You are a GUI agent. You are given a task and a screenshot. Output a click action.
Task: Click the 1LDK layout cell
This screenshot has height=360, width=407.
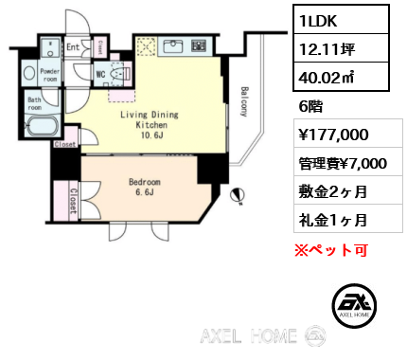tap(341, 20)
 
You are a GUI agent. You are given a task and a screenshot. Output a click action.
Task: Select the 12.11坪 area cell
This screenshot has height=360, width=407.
tap(341, 48)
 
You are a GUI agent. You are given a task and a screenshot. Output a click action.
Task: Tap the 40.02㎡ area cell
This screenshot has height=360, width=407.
tap(341, 77)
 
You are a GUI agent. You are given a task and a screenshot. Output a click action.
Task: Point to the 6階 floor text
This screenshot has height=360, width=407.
tap(310, 106)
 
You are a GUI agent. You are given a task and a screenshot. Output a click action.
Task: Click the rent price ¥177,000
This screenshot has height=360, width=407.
tap(333, 135)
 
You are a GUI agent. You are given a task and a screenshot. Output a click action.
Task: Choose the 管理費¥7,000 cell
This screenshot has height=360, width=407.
tap(343, 163)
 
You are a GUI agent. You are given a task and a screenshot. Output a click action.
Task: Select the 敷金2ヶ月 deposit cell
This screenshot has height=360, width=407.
tap(333, 191)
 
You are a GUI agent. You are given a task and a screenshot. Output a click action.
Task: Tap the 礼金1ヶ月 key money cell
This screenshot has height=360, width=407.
tap(333, 220)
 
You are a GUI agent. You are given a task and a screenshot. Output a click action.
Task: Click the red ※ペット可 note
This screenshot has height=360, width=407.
tap(331, 250)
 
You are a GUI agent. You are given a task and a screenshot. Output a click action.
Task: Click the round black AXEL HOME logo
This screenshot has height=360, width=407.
tap(354, 305)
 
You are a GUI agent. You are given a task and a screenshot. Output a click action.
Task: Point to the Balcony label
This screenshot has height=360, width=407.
tap(244, 101)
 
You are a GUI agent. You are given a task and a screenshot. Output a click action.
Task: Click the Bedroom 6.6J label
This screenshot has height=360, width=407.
tap(145, 187)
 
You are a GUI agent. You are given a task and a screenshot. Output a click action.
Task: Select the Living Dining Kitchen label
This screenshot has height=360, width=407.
tap(150, 124)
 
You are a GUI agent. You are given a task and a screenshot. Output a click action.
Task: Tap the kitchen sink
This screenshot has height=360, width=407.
tap(173, 47)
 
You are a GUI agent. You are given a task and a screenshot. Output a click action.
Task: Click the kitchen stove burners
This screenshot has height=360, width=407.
tap(199, 45)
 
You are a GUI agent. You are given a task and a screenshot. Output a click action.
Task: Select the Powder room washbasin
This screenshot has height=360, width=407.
tap(29, 73)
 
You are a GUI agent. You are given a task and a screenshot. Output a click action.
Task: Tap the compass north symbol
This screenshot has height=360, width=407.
tap(238, 195)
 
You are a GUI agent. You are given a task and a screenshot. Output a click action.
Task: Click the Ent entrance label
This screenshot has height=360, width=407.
tap(73, 47)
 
